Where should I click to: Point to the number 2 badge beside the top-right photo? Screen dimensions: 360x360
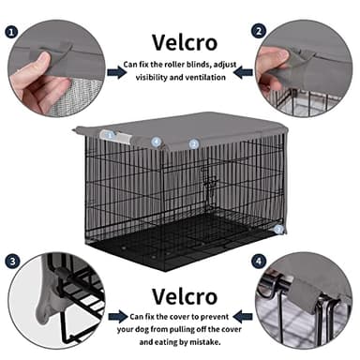[259, 29]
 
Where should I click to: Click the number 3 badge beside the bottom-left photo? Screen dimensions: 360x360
[12, 260]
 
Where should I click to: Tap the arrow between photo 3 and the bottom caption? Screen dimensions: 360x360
[114, 317]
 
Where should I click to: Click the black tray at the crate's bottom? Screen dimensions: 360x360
[178, 248]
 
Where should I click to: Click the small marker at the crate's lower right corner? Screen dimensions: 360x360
[278, 228]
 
